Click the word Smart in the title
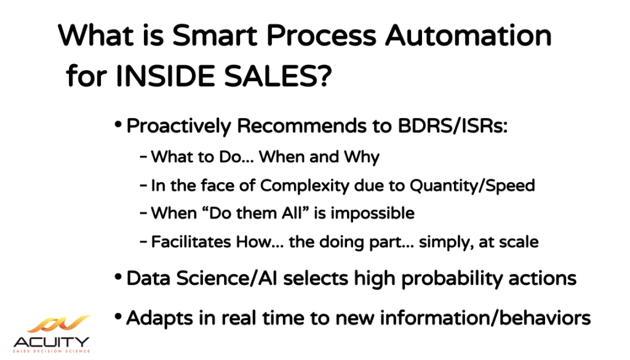pyautogui.click(x=215, y=35)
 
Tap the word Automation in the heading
pyautogui.click(x=468, y=35)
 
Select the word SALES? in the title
pyautogui.click(x=277, y=76)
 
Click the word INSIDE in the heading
pyautogui.click(x=166, y=76)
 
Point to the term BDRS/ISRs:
pyautogui.click(x=453, y=126)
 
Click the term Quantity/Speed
pyautogui.click(x=472, y=186)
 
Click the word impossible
pyautogui.click(x=372, y=214)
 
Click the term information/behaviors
pyautogui.click(x=485, y=318)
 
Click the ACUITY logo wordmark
pyautogui.click(x=52, y=342)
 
